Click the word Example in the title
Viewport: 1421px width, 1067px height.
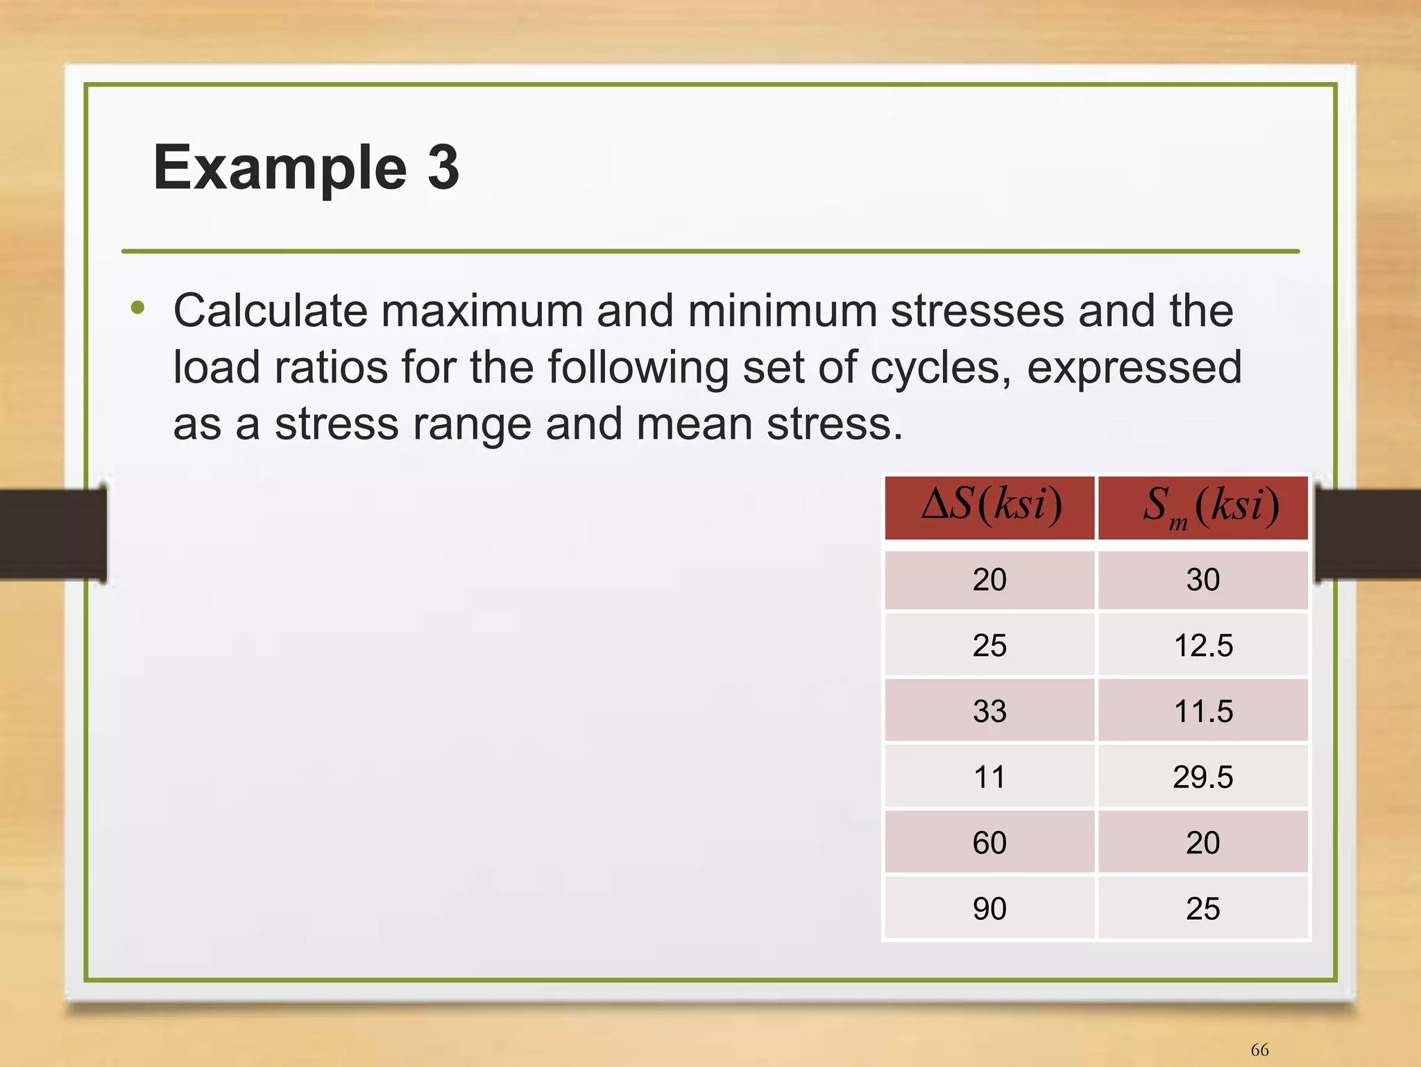point(280,169)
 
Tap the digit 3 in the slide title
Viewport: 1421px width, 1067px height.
point(443,167)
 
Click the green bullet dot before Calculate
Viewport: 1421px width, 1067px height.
point(138,308)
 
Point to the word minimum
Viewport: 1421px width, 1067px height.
point(782,311)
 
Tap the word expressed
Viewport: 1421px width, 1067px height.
point(1134,368)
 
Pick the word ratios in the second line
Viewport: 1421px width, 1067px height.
point(330,368)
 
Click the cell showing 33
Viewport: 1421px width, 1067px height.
point(989,711)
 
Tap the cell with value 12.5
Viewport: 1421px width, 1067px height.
point(1203,646)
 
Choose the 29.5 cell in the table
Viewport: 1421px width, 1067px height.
point(1203,777)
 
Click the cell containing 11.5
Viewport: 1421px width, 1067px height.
point(1203,711)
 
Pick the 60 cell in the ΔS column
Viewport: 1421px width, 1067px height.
point(989,843)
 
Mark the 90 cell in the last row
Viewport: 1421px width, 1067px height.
point(989,909)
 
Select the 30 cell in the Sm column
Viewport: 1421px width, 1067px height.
point(1203,580)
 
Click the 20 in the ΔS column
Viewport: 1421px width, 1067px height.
point(989,580)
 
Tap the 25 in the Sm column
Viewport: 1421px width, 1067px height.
point(1203,909)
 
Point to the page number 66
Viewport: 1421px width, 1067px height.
point(1259,1050)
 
